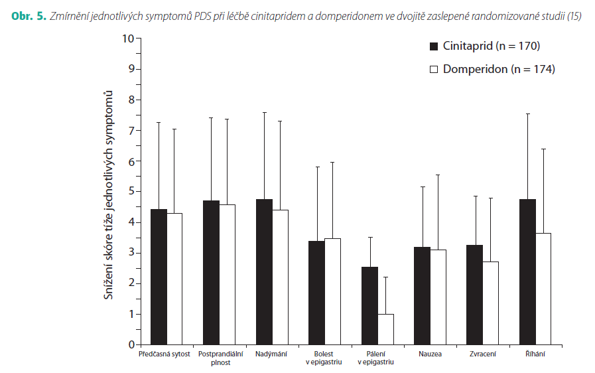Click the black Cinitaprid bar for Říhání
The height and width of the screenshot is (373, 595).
click(527, 272)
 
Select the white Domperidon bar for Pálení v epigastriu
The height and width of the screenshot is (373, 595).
click(385, 329)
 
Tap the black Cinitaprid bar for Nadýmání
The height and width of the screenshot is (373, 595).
click(265, 272)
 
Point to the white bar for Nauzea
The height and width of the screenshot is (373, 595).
click(438, 297)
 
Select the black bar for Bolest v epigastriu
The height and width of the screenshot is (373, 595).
click(316, 293)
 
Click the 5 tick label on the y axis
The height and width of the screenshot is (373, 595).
click(131, 191)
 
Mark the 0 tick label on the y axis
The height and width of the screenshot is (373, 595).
click(131, 344)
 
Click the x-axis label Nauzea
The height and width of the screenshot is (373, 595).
click(430, 354)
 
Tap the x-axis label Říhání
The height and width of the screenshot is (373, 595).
click(535, 354)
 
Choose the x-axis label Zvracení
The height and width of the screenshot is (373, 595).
click(482, 354)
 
